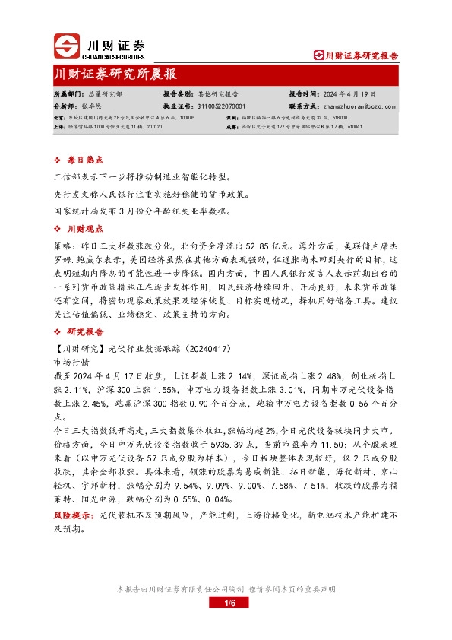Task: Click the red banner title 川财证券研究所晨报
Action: [x=115, y=74]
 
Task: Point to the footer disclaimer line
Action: [x=226, y=589]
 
